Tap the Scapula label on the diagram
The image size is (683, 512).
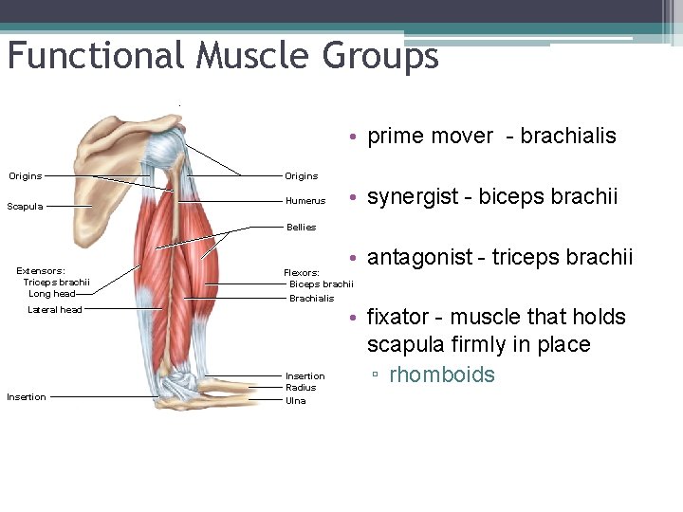[25, 207]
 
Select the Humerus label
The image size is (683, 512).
[305, 201]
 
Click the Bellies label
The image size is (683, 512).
[301, 228]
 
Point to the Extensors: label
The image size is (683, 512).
[41, 271]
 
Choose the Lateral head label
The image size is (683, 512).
[55, 310]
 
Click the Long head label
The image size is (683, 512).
[52, 294]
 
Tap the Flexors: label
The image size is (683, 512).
[303, 273]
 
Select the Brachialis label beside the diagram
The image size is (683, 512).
[311, 299]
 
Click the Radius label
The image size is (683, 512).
[301, 388]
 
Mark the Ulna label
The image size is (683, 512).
[296, 400]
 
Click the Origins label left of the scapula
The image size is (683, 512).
[26, 176]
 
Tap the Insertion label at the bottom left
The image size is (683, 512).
[26, 397]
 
